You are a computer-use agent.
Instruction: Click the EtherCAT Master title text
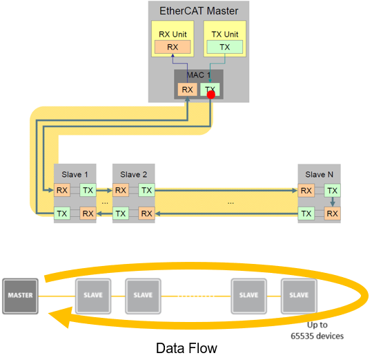pos(198,10)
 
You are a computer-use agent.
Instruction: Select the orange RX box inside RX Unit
pos(172,47)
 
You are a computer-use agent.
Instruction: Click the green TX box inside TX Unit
pos(224,47)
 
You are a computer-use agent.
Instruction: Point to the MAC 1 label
pos(198,74)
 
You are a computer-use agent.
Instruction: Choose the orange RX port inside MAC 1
pos(186,90)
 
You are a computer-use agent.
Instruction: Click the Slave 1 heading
pos(76,173)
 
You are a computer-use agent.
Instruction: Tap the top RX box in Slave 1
pos(62,190)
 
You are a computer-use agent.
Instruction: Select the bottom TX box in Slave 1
pos(62,214)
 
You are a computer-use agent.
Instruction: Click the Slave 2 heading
pos(134,173)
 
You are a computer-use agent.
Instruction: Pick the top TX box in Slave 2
pos(146,190)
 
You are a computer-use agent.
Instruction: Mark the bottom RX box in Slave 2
pos(146,214)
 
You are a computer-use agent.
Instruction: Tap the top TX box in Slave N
pos(332,190)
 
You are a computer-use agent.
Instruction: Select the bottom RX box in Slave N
pos(332,214)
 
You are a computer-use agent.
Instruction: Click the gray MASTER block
pos(21,295)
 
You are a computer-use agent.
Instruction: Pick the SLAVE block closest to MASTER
pos(92,295)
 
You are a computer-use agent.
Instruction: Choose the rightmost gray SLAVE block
pos(298,295)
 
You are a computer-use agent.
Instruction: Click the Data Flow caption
pos(186,348)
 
